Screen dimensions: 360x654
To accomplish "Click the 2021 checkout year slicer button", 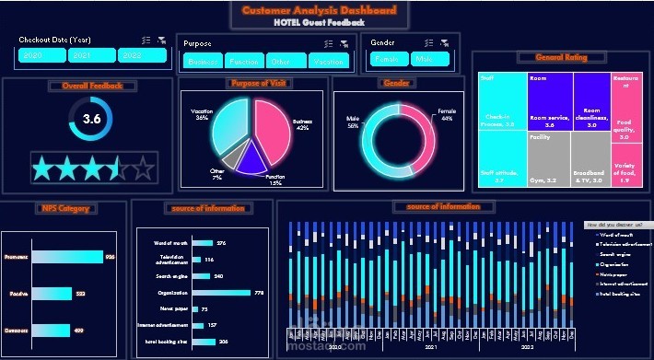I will point(91,56).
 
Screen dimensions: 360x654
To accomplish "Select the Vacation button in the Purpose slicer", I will point(328,62).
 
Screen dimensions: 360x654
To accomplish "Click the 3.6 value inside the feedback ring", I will point(91,119).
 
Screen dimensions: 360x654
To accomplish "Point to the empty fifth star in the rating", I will point(143,168).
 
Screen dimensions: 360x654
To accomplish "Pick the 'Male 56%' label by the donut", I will point(352,122).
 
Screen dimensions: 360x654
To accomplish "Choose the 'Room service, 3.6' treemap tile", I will point(549,102).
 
